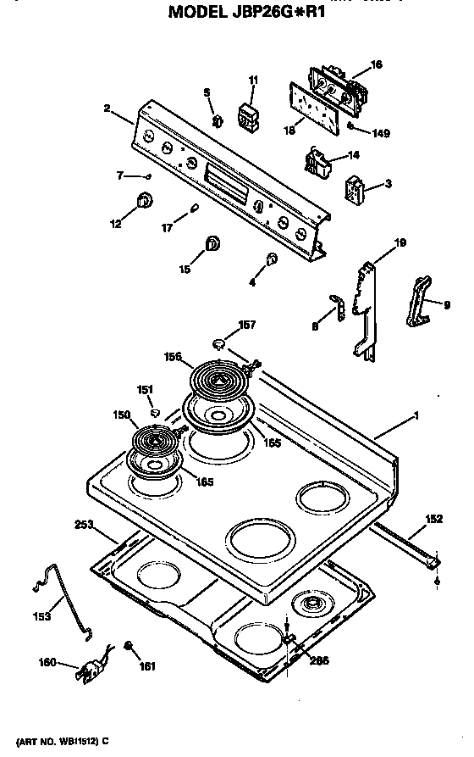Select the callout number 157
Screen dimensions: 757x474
coord(245,325)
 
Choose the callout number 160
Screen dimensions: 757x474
coord(49,662)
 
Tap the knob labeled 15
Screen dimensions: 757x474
coord(212,245)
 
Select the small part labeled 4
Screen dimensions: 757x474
coord(272,259)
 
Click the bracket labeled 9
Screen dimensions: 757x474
coord(419,301)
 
